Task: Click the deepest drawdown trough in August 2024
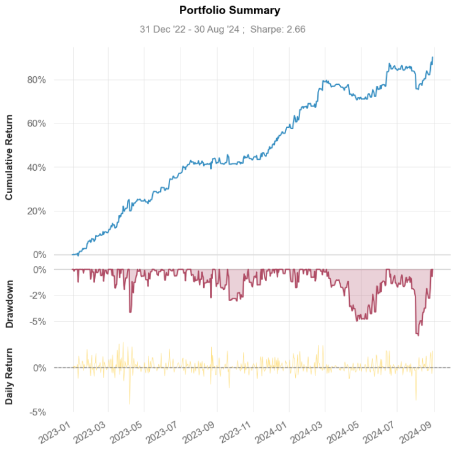(418, 335)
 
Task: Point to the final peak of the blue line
(433, 57)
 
